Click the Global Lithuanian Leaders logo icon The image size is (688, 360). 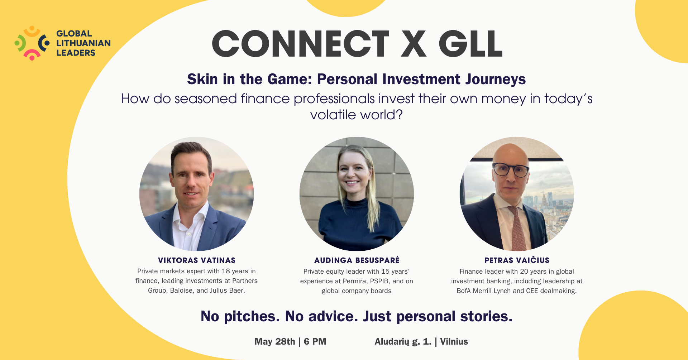(x=32, y=43)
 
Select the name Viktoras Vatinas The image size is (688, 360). (x=197, y=260)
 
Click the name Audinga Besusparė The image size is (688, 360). (x=357, y=260)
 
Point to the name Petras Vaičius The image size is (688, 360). (x=517, y=260)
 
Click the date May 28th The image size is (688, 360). (x=275, y=342)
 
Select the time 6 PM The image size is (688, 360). (x=315, y=342)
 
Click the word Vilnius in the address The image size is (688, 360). (x=454, y=342)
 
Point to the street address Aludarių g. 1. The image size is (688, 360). (x=403, y=342)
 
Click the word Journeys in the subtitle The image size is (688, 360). (x=496, y=80)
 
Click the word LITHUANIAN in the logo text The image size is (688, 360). (x=83, y=43)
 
